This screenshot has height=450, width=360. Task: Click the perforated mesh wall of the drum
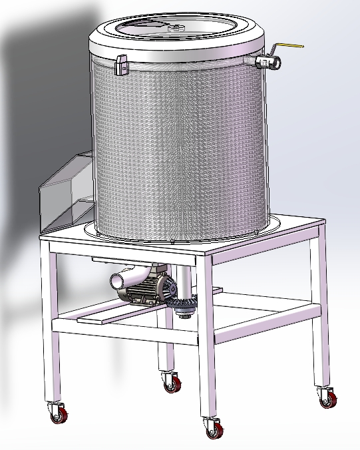pos(180,146)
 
